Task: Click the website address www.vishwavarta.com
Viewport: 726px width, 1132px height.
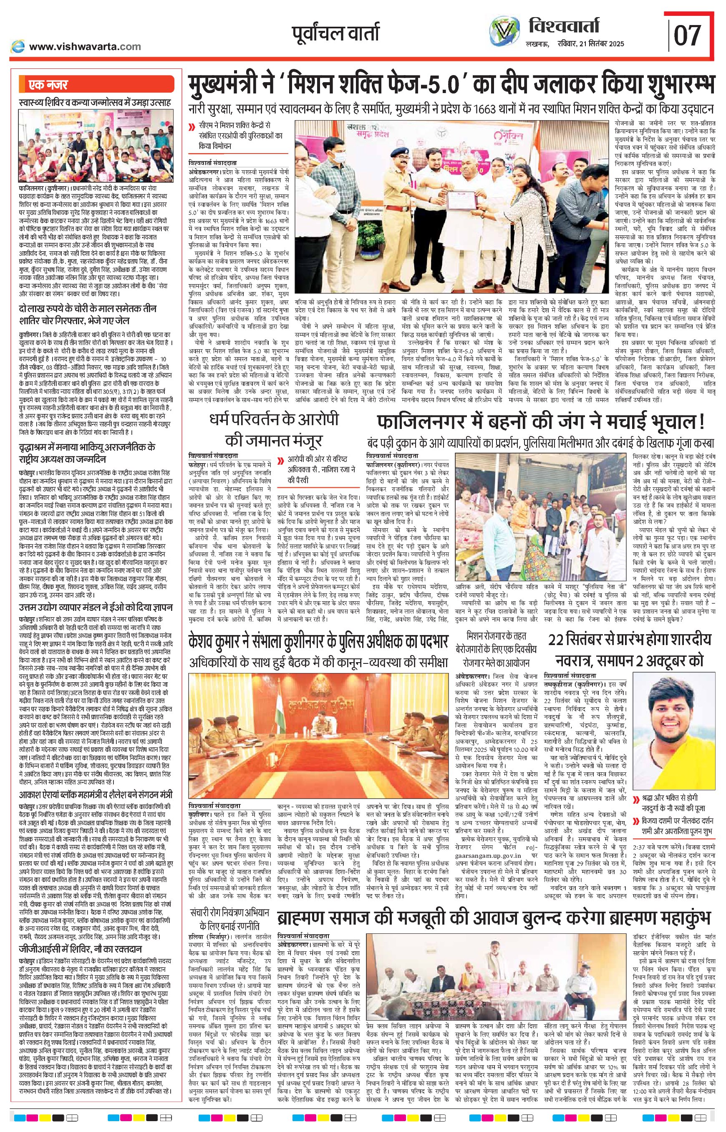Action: [x=85, y=47]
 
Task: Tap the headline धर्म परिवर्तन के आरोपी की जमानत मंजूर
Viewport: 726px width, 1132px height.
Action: [x=274, y=429]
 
